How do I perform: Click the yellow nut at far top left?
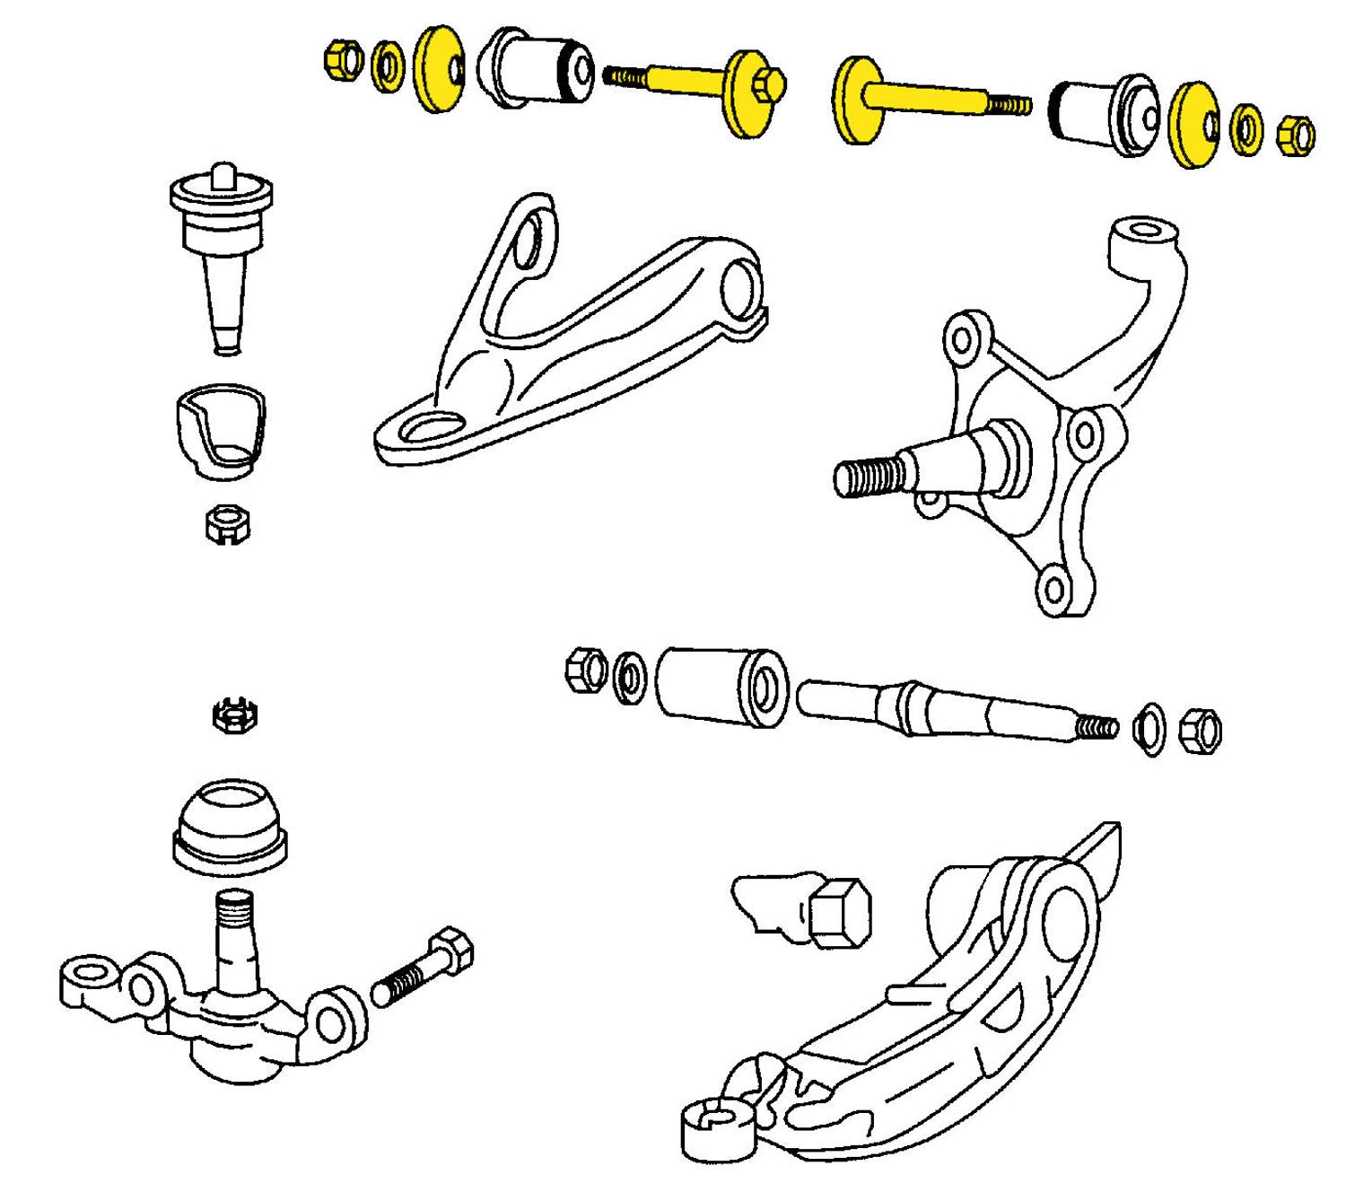(x=340, y=60)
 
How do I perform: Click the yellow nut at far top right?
(x=1294, y=134)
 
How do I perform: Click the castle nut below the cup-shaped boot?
(x=227, y=523)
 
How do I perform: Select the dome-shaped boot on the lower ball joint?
(x=229, y=826)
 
